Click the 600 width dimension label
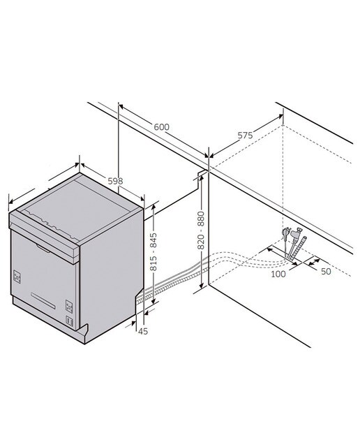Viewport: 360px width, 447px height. [161, 126]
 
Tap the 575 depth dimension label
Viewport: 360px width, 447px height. [245, 135]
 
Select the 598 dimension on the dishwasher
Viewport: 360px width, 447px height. [115, 181]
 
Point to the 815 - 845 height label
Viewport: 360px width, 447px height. [153, 252]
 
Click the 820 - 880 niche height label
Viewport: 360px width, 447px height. [201, 230]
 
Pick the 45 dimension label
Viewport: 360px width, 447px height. [143, 331]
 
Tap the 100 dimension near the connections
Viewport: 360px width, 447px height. [278, 274]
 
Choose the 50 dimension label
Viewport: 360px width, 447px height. [326, 272]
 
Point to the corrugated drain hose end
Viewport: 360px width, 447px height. [300, 247]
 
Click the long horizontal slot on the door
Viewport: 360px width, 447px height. [43, 300]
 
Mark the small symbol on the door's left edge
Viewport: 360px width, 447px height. [17, 277]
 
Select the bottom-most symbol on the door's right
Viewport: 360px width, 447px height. [70, 321]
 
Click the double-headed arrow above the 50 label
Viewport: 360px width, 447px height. [314, 261]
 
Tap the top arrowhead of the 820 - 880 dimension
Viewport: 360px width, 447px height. [201, 177]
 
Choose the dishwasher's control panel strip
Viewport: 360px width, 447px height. [44, 237]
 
